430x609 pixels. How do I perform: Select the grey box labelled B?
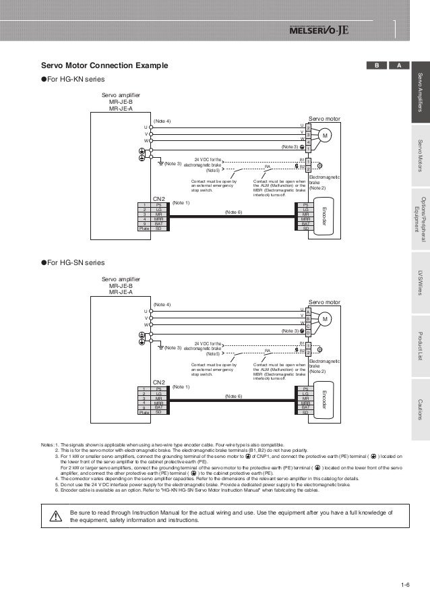point(377,65)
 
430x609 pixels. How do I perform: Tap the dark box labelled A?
point(400,65)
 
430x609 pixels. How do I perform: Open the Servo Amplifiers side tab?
point(420,94)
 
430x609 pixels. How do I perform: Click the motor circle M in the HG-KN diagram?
point(324,136)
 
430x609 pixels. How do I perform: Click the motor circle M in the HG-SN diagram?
point(324,319)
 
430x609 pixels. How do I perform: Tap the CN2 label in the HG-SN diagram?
point(159,180)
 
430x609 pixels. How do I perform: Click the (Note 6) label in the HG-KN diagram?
point(233,193)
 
